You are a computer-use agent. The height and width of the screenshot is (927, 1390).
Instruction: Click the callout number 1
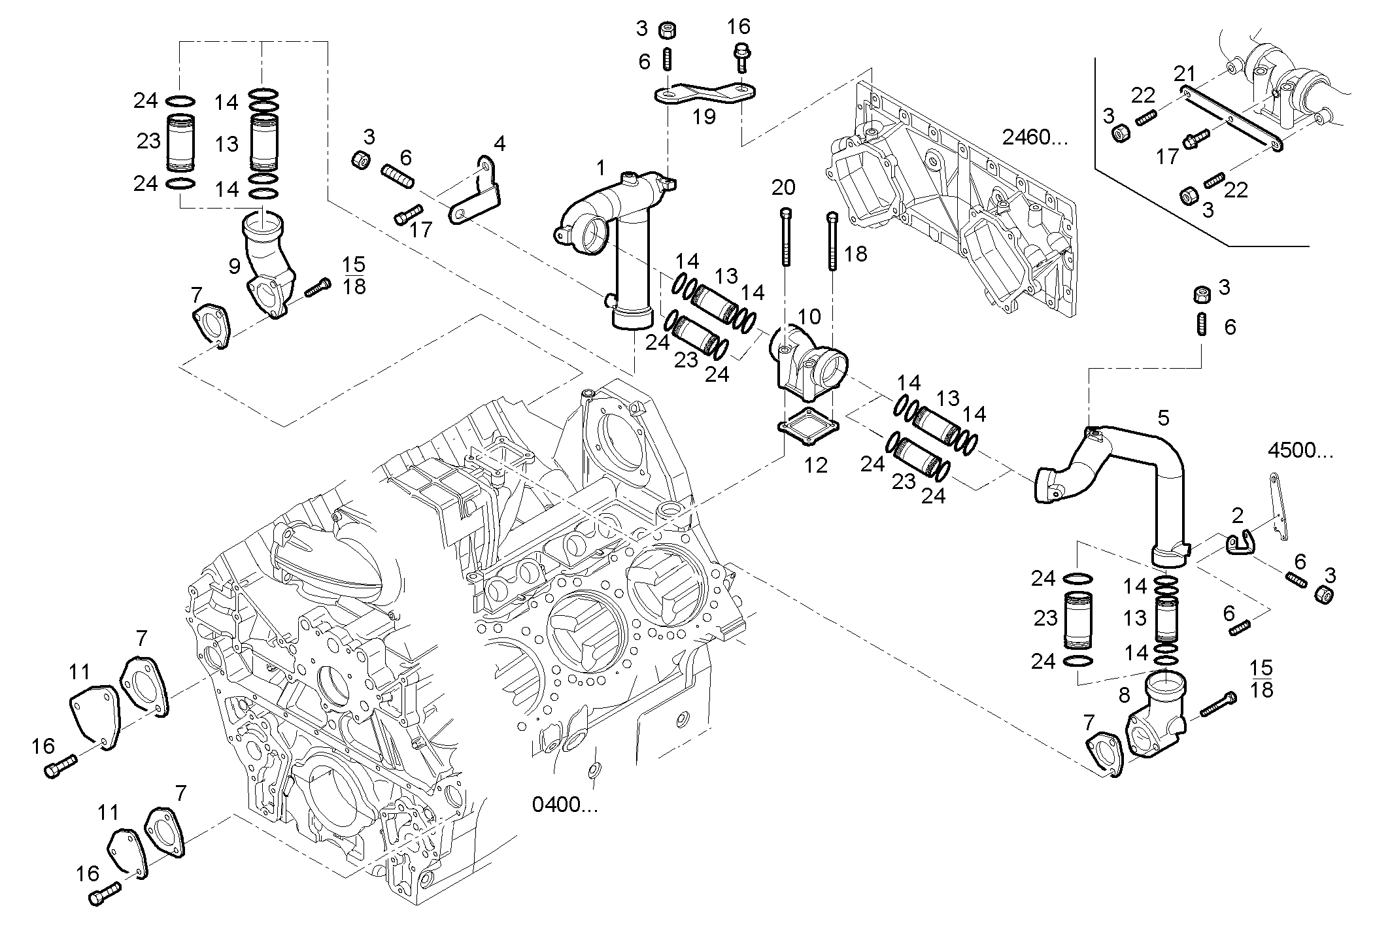point(601,169)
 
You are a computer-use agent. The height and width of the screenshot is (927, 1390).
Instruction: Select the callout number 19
point(704,117)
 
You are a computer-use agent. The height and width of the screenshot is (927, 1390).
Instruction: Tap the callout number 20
point(783,188)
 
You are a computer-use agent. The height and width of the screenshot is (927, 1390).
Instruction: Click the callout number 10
point(809,317)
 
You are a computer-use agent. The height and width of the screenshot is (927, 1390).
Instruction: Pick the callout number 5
point(1163,418)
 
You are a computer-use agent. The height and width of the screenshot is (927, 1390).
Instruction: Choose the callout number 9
point(234,265)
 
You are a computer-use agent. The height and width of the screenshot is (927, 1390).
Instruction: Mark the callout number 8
point(1125,696)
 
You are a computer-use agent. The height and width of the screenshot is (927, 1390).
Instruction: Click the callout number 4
point(500,143)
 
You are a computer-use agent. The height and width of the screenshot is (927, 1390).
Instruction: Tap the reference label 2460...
point(1035,137)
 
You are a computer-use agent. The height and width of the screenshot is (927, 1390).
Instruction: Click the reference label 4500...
point(1300,450)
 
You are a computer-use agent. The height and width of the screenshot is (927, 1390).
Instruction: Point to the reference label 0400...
point(565,805)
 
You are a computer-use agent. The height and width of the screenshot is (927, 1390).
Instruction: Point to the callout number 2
point(1237,516)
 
